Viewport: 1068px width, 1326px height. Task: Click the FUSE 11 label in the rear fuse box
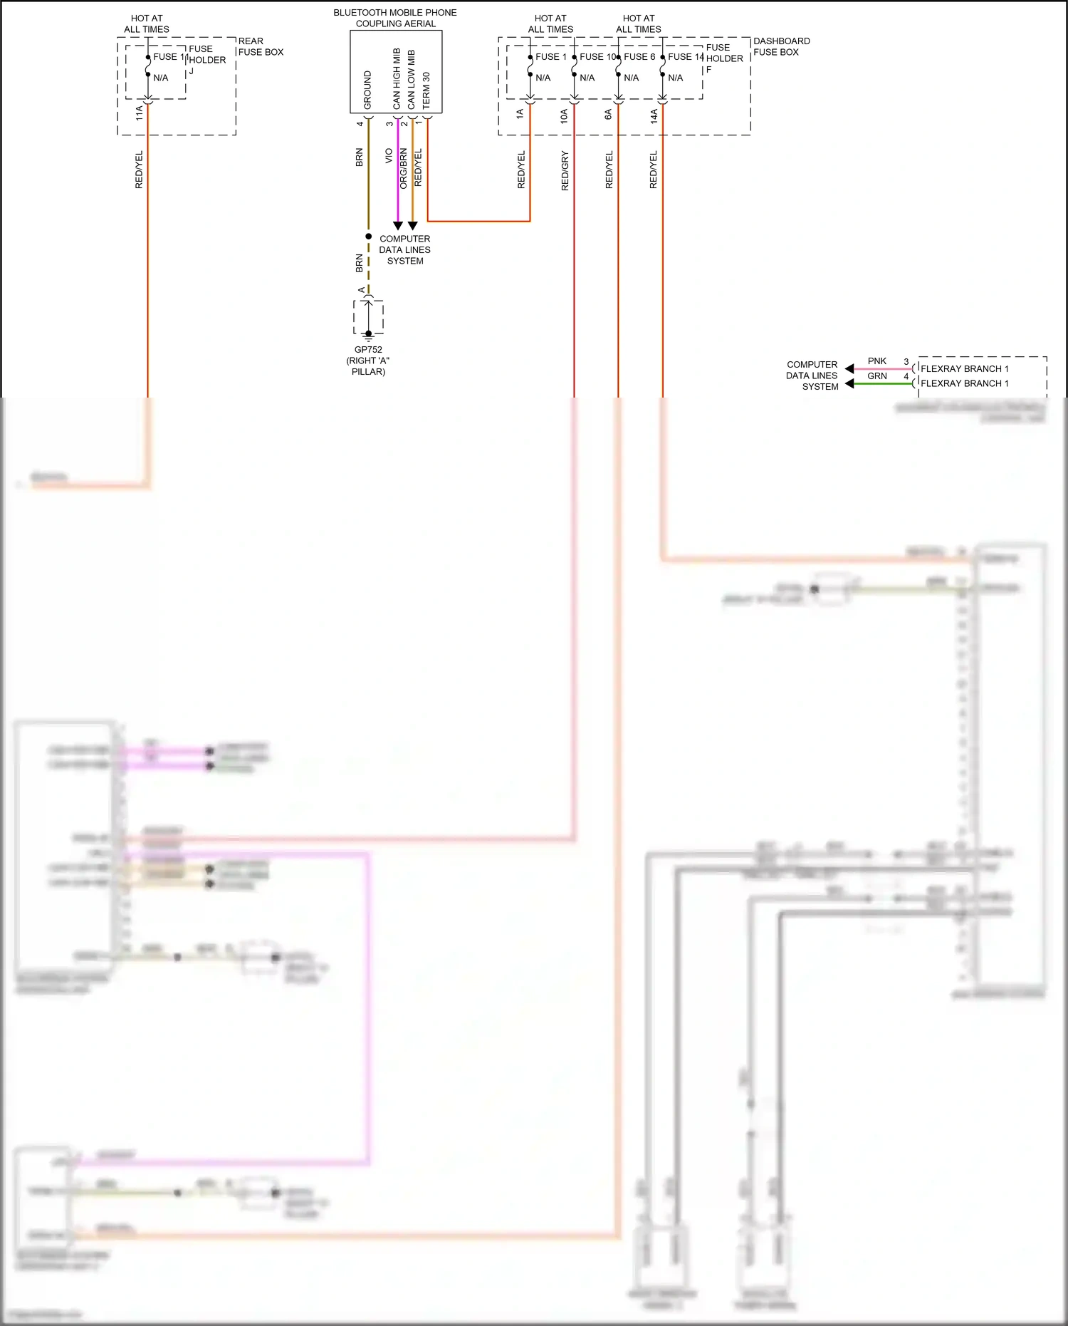pos(169,56)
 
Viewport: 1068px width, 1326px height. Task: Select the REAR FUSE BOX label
pos(261,46)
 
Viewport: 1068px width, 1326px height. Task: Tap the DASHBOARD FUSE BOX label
pos(781,46)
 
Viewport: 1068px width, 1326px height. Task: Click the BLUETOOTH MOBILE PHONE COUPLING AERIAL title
pos(395,18)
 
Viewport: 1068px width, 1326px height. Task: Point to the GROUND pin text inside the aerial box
pos(367,90)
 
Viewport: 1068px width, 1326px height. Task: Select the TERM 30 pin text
pos(426,90)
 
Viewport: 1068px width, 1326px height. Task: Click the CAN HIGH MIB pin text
pos(397,78)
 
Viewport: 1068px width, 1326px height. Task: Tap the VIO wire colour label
pos(389,155)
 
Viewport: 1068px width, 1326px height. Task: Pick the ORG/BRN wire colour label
pos(404,168)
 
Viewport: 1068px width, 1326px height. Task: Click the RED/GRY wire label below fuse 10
pos(565,170)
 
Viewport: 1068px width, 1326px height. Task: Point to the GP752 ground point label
pos(368,350)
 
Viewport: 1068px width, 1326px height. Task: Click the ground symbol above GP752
pos(368,335)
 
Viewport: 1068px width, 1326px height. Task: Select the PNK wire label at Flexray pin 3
pos(877,361)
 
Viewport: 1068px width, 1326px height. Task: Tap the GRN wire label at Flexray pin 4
pos(877,376)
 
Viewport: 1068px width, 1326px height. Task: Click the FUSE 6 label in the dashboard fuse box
pos(639,56)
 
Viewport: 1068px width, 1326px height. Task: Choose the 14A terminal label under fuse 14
pos(654,116)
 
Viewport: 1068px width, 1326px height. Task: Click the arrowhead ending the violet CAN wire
pos(398,226)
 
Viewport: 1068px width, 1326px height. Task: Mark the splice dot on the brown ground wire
pos(368,237)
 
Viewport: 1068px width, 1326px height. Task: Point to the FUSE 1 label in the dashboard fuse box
pos(551,56)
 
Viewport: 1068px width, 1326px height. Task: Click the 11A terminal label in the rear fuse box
pos(140,113)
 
